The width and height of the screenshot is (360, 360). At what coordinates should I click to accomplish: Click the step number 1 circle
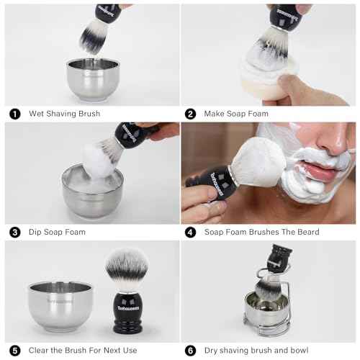click(14, 114)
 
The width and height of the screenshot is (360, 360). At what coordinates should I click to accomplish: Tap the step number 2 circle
click(191, 114)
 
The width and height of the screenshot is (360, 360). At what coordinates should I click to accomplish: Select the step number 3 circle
click(14, 232)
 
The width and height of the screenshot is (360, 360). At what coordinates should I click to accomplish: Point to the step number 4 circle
click(191, 232)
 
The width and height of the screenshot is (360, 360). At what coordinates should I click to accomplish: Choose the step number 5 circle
click(14, 351)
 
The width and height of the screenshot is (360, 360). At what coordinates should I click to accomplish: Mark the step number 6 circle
click(191, 351)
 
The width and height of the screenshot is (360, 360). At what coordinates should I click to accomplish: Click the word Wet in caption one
click(37, 114)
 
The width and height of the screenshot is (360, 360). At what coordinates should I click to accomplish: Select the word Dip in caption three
click(36, 232)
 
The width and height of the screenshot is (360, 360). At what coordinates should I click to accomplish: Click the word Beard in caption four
click(305, 232)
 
